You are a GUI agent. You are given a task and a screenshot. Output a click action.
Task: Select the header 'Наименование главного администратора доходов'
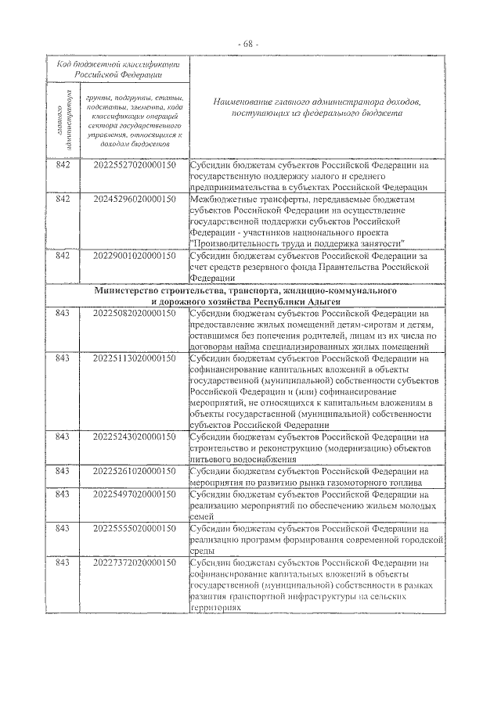317,108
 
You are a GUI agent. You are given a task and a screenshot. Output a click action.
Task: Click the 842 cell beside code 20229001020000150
63,257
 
